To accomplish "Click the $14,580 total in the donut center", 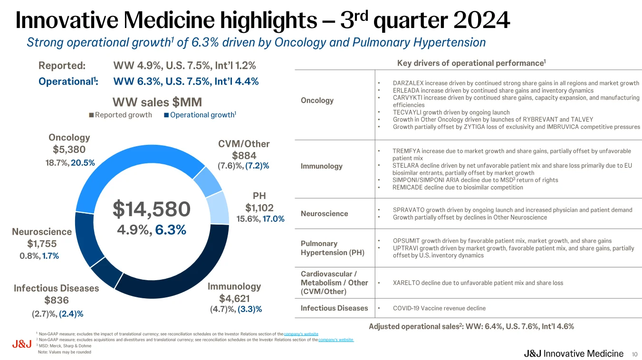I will (152, 209).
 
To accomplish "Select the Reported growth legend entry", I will (121, 115).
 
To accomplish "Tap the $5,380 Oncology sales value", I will (69, 150).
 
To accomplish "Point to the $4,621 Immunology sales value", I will (234, 299).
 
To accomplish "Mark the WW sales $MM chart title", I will (157, 102).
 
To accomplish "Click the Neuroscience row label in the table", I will (325, 214).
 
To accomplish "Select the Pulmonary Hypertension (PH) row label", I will (333, 248).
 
